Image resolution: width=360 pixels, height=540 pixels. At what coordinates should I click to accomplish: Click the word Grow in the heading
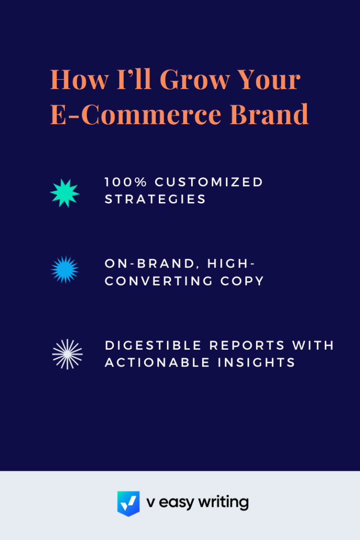[195, 80]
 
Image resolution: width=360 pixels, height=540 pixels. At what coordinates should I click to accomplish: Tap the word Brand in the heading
[269, 114]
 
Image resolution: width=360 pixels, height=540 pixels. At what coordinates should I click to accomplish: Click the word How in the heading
[79, 80]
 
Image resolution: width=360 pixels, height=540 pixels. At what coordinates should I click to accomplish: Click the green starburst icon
[65, 193]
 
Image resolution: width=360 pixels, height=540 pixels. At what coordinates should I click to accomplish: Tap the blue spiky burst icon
[65, 270]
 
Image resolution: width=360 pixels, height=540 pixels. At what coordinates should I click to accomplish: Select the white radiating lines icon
[67, 354]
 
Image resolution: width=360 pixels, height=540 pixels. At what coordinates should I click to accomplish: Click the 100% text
[126, 182]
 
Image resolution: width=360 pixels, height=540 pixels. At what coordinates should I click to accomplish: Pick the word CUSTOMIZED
[209, 182]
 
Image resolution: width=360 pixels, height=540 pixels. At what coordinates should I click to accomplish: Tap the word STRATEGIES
[155, 199]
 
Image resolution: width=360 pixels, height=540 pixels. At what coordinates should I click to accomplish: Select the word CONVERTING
[159, 281]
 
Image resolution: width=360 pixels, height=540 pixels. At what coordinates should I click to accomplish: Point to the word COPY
[242, 281]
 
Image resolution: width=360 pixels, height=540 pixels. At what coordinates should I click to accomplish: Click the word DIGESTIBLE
[153, 345]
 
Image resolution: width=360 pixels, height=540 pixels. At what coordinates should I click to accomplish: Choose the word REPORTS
[247, 345]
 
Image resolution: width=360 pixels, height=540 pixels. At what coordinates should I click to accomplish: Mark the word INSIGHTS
[256, 363]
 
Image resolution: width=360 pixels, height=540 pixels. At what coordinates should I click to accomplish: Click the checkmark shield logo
[128, 503]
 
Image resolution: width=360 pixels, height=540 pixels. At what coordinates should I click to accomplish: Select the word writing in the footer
[223, 502]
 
